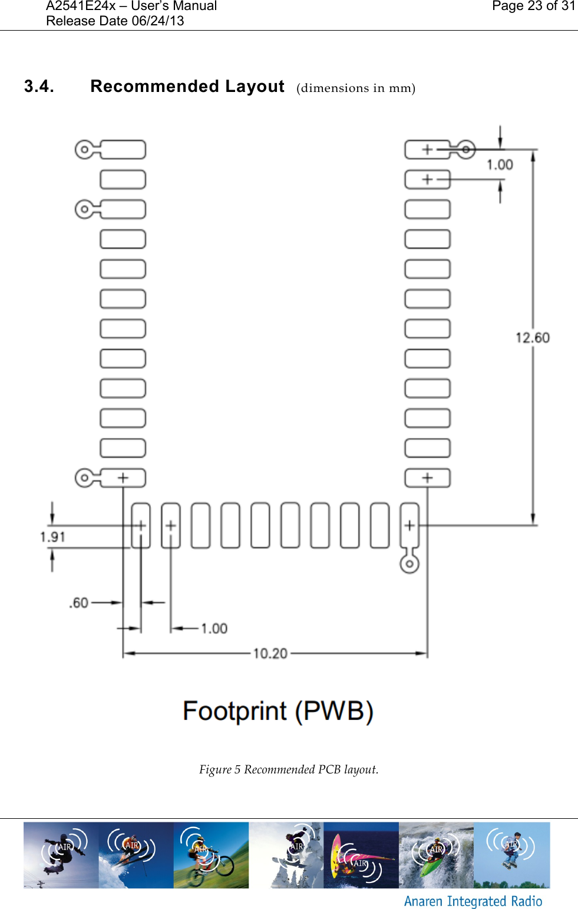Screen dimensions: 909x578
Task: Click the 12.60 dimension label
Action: tap(532, 338)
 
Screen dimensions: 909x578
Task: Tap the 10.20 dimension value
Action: tap(270, 653)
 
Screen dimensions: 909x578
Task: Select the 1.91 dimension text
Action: tap(52, 537)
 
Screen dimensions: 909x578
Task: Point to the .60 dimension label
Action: tap(79, 603)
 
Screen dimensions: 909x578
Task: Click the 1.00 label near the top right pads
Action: tap(500, 165)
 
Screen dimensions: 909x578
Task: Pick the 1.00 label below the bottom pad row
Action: tap(214, 629)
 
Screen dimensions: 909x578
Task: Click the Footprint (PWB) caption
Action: tap(278, 712)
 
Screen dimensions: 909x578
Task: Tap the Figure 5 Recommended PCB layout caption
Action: tap(289, 769)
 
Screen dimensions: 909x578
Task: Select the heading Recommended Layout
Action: tap(187, 87)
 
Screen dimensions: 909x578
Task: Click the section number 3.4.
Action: tap(39, 87)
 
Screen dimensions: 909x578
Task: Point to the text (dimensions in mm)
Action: tap(356, 88)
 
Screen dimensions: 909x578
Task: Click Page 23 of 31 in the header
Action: tap(533, 6)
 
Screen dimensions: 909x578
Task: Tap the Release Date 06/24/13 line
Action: tap(115, 21)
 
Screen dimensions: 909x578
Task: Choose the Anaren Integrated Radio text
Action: tap(473, 901)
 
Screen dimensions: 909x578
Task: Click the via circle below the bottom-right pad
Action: tap(409, 564)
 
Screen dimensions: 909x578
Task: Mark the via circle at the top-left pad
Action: tap(84, 150)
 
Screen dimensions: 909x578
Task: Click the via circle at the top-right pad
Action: tap(465, 150)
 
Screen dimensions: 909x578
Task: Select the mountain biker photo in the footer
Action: tap(211, 855)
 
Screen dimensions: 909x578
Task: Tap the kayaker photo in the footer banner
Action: tap(436, 855)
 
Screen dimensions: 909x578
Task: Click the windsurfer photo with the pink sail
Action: tap(361, 855)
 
